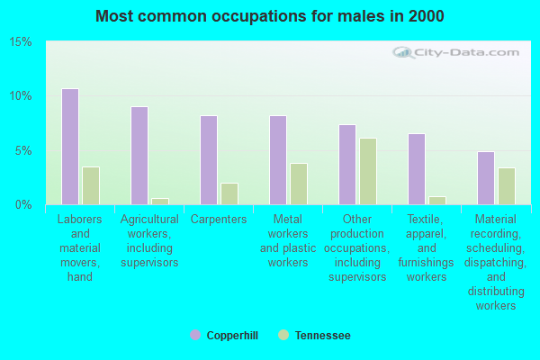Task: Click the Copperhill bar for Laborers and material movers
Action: pos(70,147)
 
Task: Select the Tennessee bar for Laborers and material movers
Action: pos(91,185)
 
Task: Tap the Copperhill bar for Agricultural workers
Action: pos(139,156)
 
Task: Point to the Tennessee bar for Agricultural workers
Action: pos(160,201)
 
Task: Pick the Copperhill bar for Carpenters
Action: pos(209,160)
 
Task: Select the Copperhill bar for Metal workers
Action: pos(278,160)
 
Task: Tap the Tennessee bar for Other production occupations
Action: pos(368,171)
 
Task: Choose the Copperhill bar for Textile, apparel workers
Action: pos(417,169)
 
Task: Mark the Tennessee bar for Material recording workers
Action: pos(507,186)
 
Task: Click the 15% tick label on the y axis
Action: pos(22,42)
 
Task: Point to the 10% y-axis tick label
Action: pos(22,96)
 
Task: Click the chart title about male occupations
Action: pos(270,16)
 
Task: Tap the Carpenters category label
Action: pos(219,220)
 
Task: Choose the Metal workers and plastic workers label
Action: pos(288,241)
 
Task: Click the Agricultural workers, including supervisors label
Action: pos(149,241)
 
